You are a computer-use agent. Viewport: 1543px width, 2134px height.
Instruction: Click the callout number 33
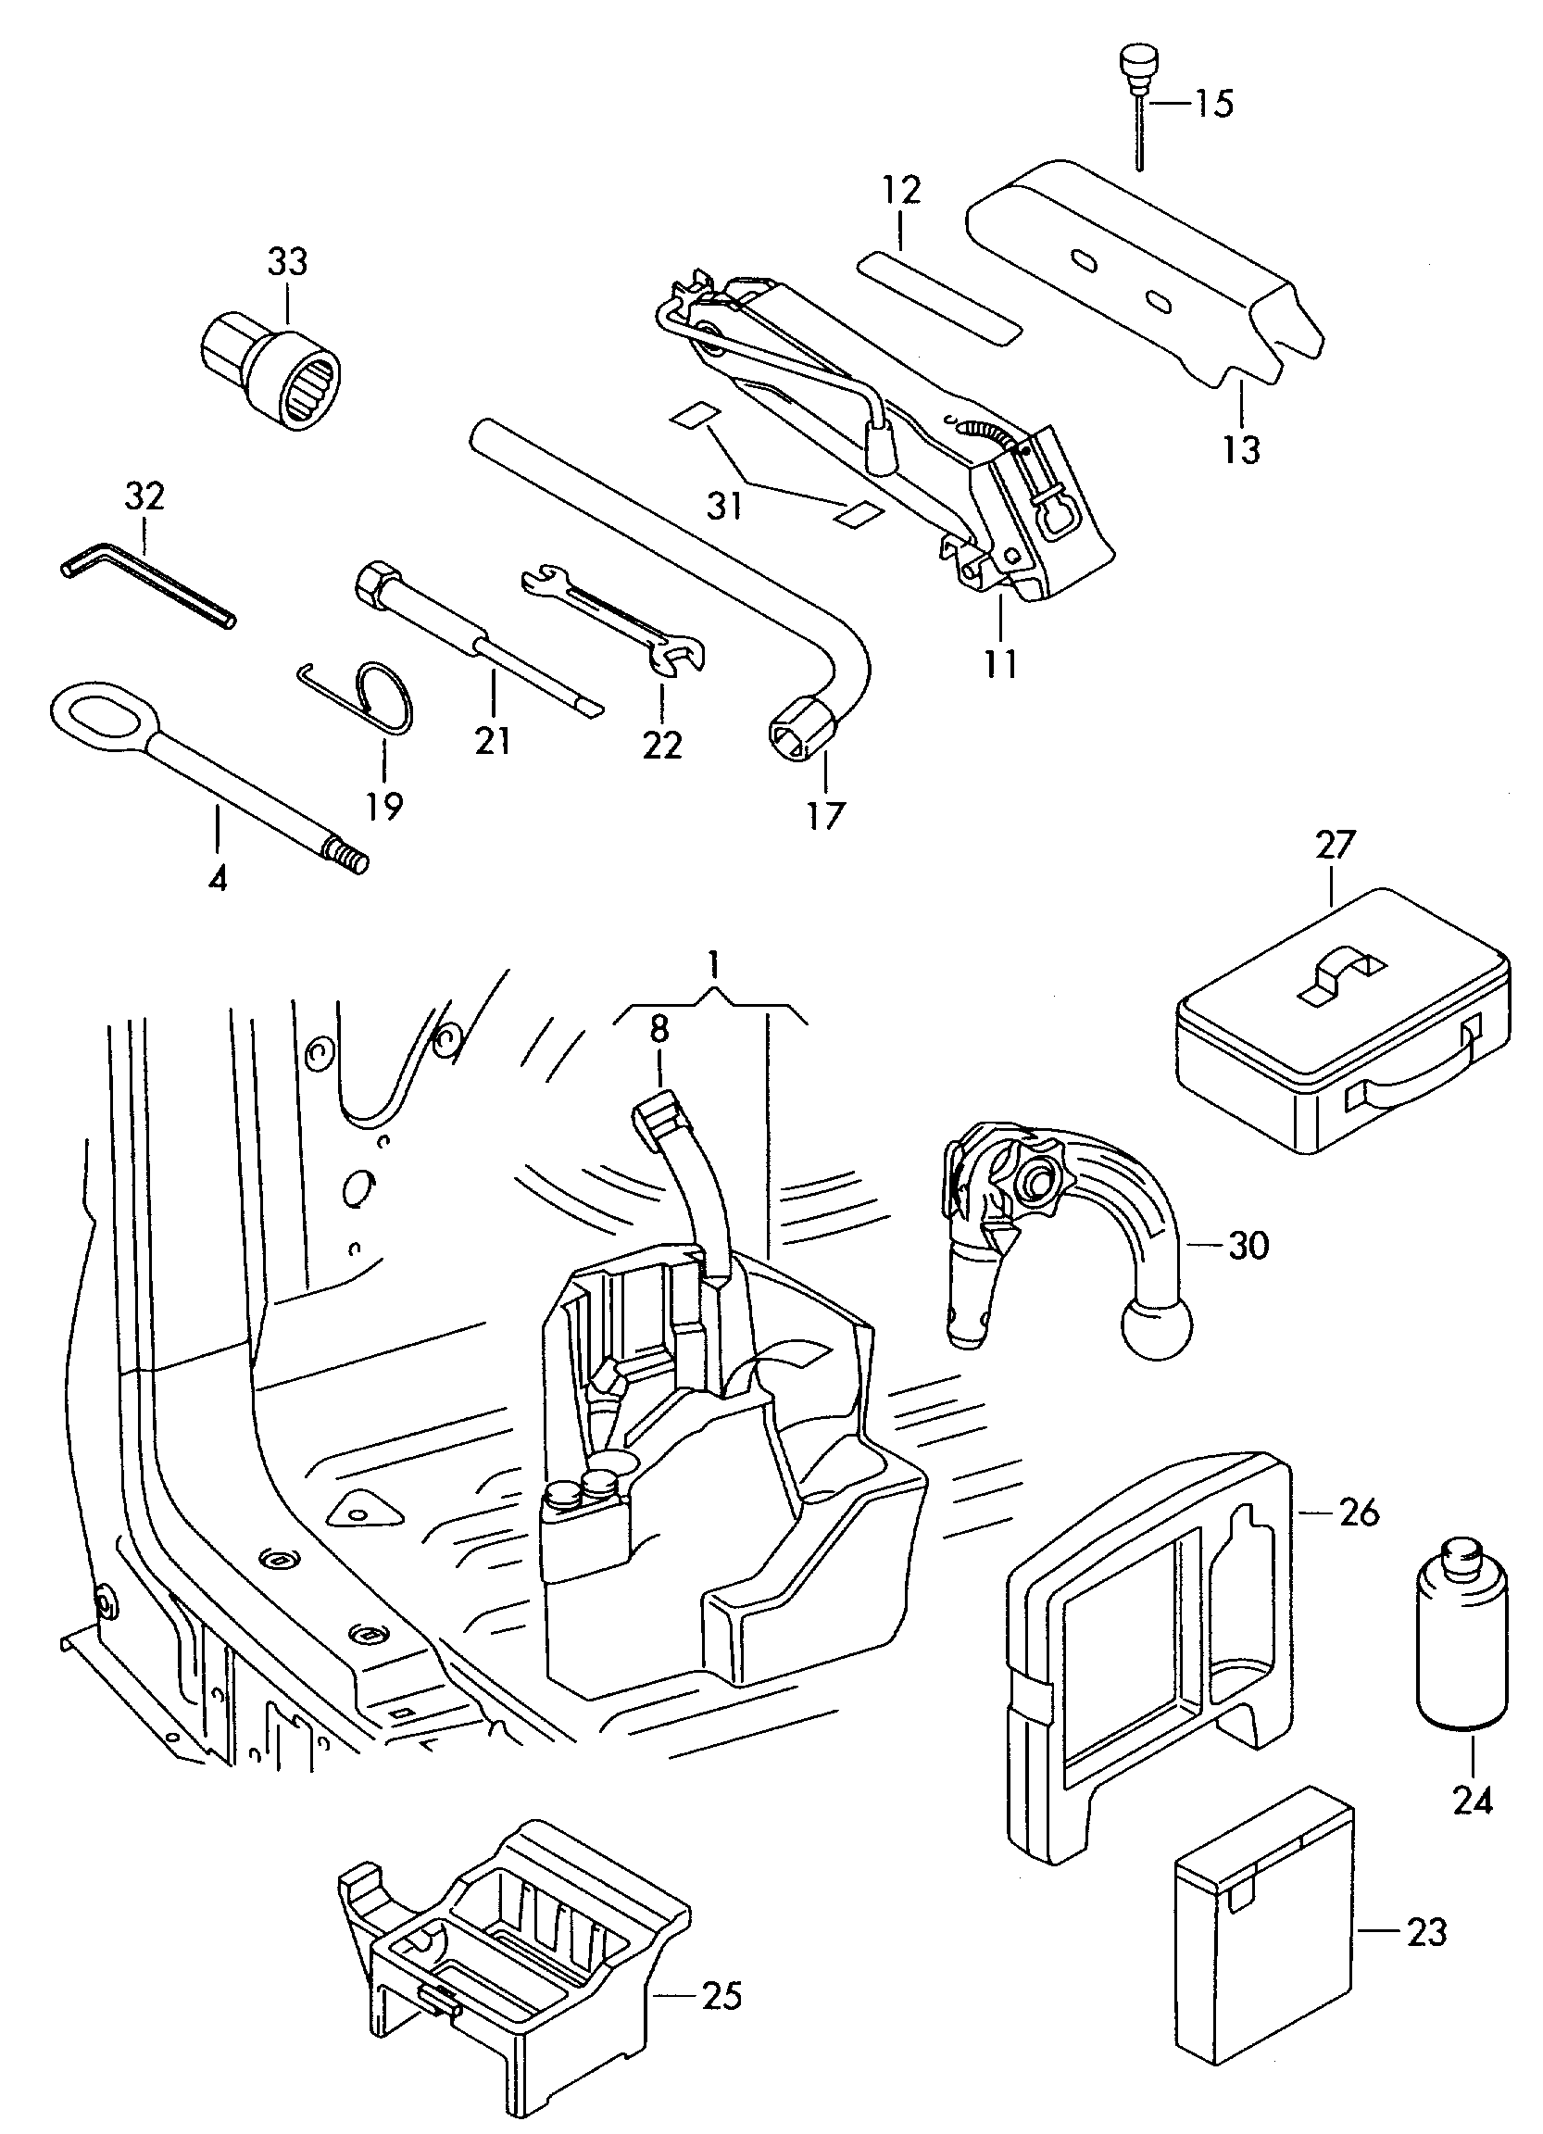click(x=288, y=261)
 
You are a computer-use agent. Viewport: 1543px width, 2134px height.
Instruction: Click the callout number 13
click(x=1241, y=450)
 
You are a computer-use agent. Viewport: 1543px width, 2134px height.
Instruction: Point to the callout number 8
click(x=659, y=1028)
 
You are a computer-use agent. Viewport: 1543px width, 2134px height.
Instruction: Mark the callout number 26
click(x=1359, y=1513)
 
